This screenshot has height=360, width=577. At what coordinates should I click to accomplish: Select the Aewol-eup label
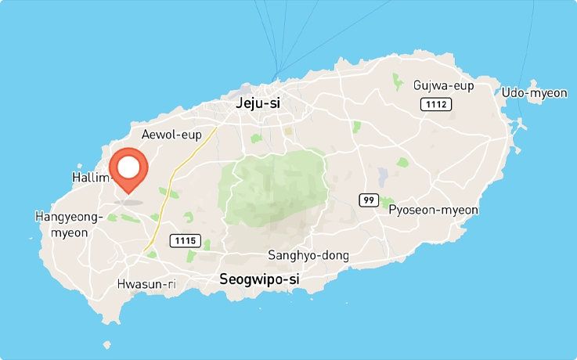coord(171,135)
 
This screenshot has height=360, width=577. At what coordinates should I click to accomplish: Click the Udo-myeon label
coord(534,93)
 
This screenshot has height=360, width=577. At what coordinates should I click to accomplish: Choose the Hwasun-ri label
coord(146,283)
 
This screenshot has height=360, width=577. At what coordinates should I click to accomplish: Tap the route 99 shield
coord(369,200)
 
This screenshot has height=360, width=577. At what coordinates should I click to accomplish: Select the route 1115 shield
coord(186,240)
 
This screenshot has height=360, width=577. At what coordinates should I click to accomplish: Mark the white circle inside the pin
coord(128,167)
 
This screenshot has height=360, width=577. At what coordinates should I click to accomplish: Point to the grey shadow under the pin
coord(128,202)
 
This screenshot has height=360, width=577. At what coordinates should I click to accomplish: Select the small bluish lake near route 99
coord(382,176)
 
